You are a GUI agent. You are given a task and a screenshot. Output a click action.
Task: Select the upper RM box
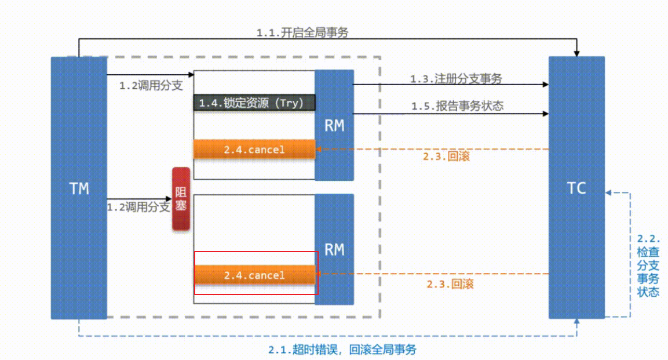(x=334, y=125)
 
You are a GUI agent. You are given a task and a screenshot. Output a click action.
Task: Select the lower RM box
(x=334, y=249)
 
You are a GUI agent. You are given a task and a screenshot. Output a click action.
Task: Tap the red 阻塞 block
(x=181, y=199)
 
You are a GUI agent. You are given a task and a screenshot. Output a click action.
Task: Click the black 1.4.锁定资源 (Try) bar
(x=254, y=103)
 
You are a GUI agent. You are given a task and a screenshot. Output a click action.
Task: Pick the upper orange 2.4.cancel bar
(x=254, y=150)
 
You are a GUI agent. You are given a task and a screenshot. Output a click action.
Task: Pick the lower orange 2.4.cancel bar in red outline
(x=254, y=275)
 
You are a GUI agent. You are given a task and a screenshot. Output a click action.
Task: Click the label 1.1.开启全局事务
(x=302, y=33)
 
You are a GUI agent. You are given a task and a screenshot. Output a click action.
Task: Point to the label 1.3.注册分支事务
(x=456, y=79)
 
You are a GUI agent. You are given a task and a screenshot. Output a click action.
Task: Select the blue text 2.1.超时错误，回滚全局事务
(x=342, y=350)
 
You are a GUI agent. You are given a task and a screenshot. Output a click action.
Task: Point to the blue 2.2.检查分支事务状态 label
(x=648, y=266)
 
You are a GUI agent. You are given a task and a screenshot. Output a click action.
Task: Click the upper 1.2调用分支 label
(x=151, y=86)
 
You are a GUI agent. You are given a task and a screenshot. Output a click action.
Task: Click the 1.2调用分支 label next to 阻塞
(x=138, y=207)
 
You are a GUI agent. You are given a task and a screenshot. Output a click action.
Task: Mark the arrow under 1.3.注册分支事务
(x=450, y=85)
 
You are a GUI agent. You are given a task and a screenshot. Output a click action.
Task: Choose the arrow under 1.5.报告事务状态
(x=450, y=114)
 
